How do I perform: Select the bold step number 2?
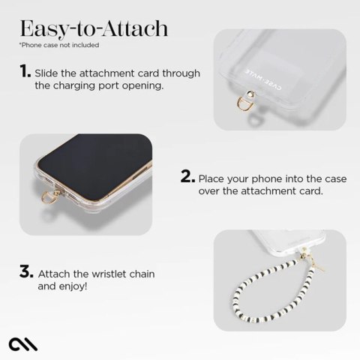[x=187, y=177]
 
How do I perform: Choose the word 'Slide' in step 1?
[x=48, y=72]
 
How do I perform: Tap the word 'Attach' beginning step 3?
[x=54, y=273]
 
